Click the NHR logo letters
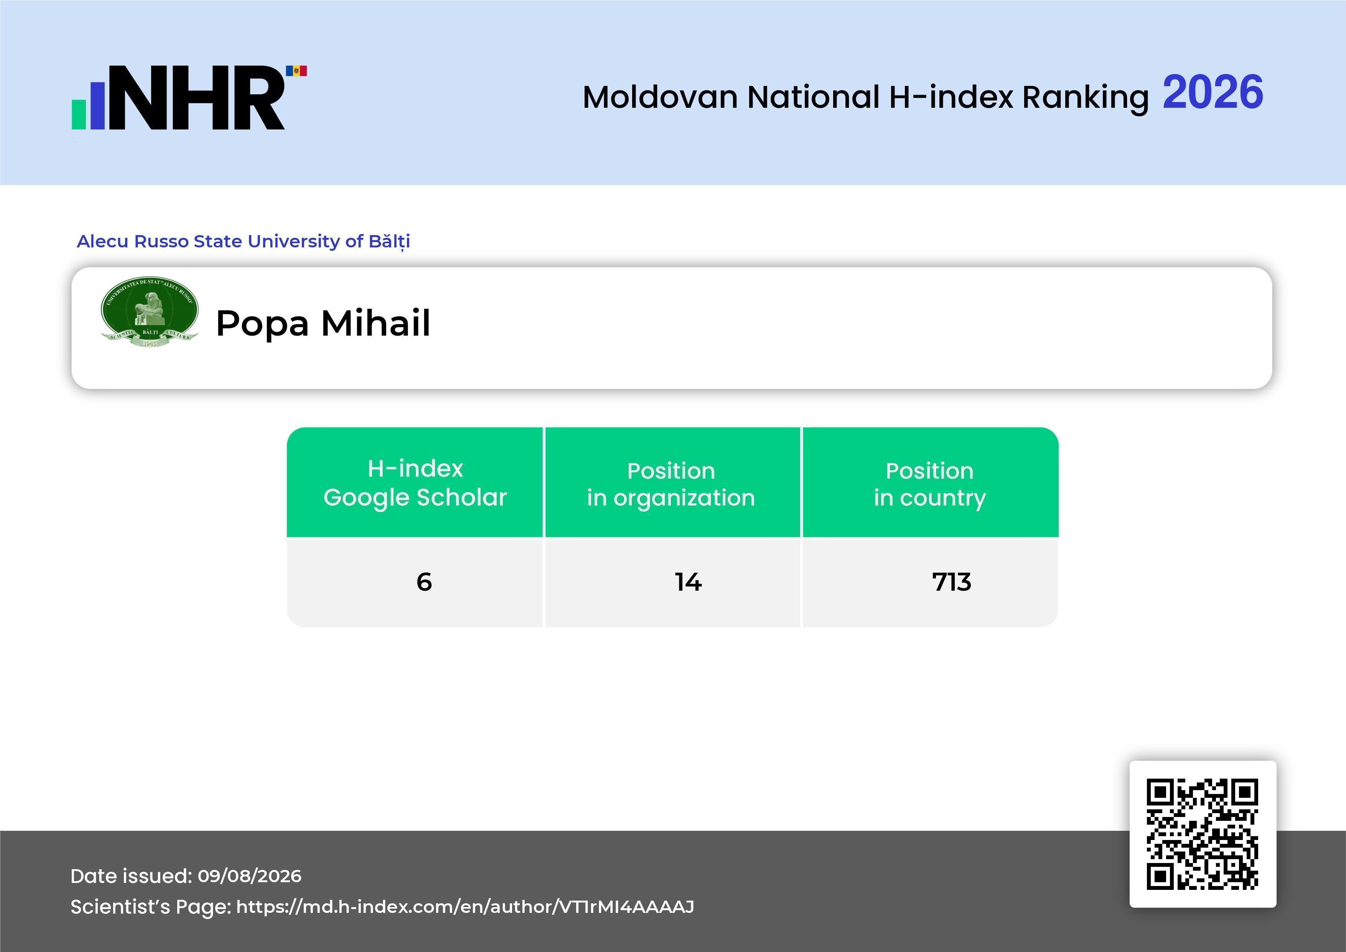(x=196, y=97)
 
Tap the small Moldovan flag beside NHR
(x=296, y=71)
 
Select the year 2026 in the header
(x=1213, y=92)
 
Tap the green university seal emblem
(x=150, y=312)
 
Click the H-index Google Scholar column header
(x=415, y=483)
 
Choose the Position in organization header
(x=671, y=484)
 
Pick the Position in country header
(x=930, y=484)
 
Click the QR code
(x=1203, y=833)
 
